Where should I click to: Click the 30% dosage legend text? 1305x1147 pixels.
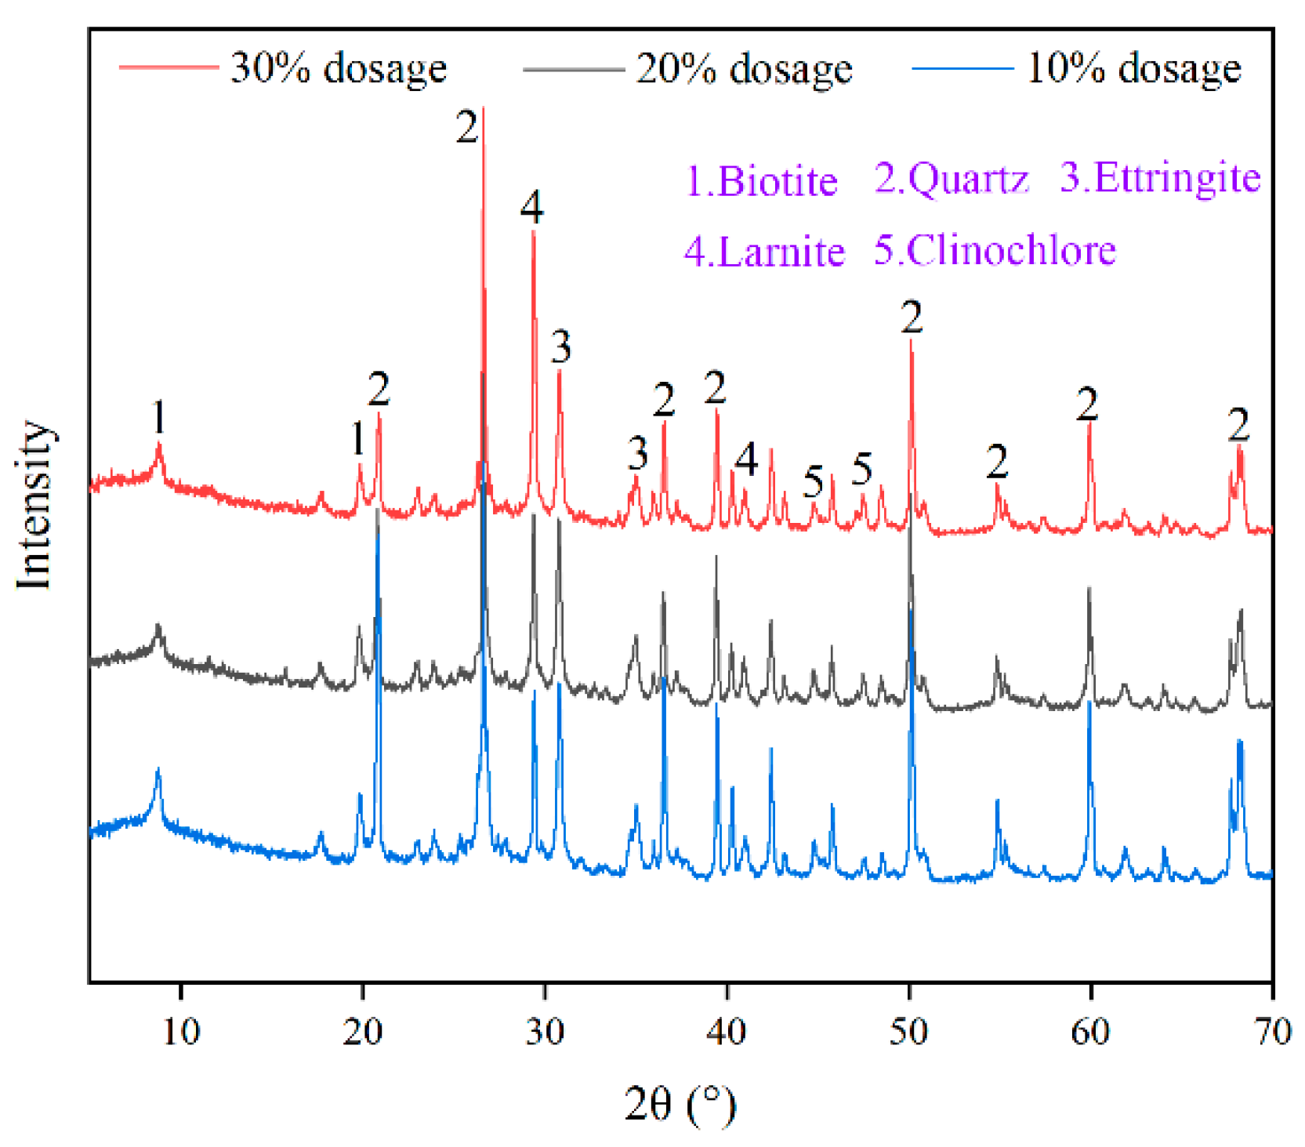point(338,68)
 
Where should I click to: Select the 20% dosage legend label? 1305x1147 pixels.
point(744,69)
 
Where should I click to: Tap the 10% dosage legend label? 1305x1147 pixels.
point(1133,68)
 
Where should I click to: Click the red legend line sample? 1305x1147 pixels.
point(168,67)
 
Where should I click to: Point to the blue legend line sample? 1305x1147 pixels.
point(962,68)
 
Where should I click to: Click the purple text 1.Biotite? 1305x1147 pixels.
point(762,181)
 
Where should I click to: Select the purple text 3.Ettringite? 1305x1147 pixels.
point(1160,177)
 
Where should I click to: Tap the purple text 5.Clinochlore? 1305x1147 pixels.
point(995,250)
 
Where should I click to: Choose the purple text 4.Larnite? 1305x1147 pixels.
point(764,252)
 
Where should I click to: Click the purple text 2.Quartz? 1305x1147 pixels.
point(951,179)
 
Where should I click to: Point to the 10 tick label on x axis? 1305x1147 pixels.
point(181,1031)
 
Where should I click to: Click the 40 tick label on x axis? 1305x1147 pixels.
point(727,1031)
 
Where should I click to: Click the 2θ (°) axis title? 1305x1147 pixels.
point(680,1105)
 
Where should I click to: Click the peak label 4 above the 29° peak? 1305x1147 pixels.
point(531,208)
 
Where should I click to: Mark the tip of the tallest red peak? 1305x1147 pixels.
point(483,108)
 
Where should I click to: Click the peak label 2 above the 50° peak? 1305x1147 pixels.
point(912,318)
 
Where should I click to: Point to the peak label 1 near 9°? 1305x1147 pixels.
point(159,416)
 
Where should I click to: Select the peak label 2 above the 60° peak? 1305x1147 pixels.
point(1087,405)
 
